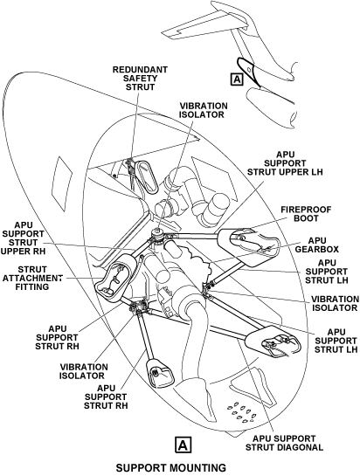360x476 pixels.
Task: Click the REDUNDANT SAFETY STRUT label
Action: point(140,79)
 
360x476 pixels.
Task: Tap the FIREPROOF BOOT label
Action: point(306,214)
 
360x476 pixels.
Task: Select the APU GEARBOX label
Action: point(317,245)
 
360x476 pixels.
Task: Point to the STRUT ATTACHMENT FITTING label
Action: point(32,278)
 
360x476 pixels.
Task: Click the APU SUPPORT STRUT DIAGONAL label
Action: point(284,443)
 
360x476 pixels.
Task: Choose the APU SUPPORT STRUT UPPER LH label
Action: point(285,163)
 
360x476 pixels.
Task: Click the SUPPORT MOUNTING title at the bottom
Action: point(171,467)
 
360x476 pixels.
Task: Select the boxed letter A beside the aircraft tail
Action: point(237,79)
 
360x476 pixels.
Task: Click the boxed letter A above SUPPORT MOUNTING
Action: point(183,445)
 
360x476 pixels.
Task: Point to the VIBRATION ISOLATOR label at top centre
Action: point(204,110)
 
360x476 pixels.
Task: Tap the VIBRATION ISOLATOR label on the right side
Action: point(335,304)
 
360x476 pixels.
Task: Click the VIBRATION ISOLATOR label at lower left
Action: point(83,371)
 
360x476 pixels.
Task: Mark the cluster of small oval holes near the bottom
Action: point(242,412)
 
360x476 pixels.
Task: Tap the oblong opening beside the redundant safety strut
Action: point(146,176)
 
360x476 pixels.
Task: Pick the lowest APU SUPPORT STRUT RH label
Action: point(106,397)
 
